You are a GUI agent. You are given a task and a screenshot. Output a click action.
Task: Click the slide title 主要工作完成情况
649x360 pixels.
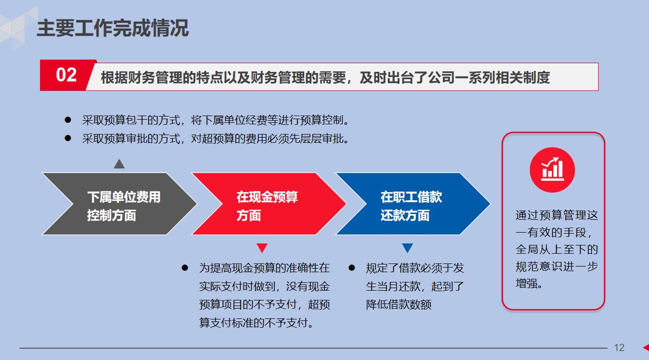click(113, 28)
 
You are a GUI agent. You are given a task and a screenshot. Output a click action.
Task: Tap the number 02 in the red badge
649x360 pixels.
click(66, 75)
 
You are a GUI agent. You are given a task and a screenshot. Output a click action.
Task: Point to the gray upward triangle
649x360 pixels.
click(119, 164)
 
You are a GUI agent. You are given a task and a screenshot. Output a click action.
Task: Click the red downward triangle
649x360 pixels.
click(262, 248)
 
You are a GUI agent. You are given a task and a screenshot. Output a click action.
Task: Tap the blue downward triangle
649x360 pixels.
click(407, 248)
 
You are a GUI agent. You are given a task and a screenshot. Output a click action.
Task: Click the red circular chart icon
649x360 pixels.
click(552, 169)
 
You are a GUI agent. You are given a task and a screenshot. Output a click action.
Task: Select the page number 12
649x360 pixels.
click(619, 348)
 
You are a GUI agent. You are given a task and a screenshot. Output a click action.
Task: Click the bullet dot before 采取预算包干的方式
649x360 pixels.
click(67, 120)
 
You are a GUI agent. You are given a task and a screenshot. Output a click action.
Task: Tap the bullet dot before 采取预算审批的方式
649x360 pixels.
click(67, 138)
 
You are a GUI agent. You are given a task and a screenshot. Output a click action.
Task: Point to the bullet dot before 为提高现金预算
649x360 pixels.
click(185, 268)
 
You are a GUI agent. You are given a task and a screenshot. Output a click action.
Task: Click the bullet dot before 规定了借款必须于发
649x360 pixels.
click(352, 268)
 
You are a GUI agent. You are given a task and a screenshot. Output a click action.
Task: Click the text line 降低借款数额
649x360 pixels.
click(399, 305)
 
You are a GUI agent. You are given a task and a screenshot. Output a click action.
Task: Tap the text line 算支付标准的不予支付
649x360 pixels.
click(257, 323)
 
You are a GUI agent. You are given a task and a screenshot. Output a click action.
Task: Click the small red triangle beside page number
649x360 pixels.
click(646, 348)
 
